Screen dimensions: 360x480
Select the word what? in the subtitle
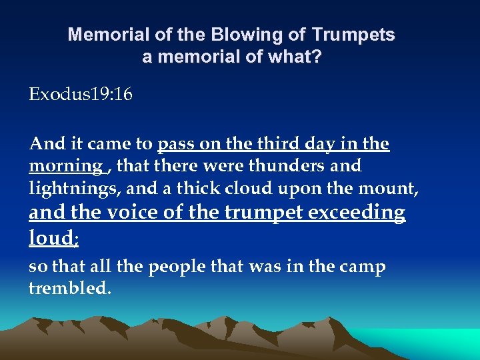click(298, 57)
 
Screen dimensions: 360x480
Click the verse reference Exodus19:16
click(81, 95)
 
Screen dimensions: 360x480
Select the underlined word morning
click(65, 165)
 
